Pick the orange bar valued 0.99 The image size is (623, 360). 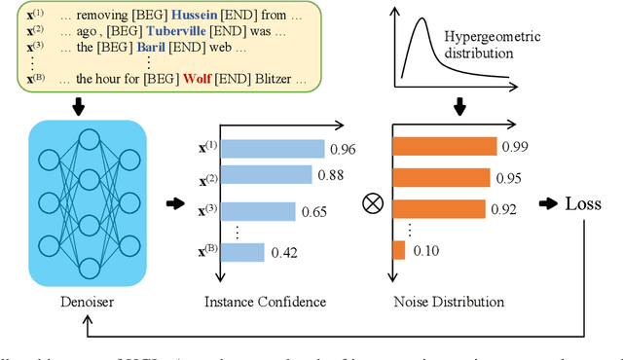click(x=442, y=147)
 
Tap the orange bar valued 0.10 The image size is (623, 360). click(x=398, y=250)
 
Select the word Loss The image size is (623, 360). click(x=589, y=204)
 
